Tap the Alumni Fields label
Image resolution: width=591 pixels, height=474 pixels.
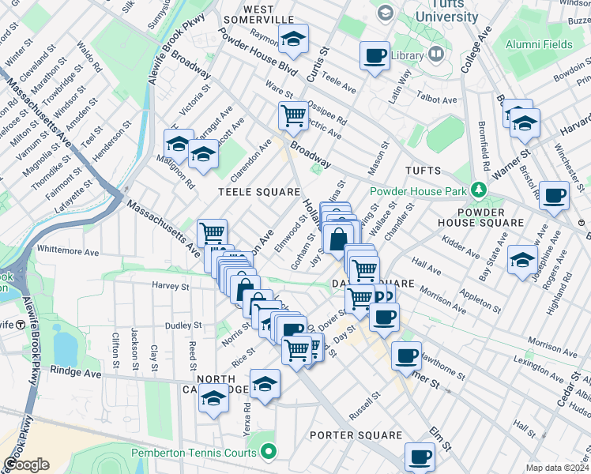[x=540, y=44]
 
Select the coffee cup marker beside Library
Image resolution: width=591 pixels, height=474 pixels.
[x=375, y=56]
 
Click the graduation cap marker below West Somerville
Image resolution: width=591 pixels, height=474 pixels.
[x=293, y=39]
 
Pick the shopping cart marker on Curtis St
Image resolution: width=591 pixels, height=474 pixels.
[x=293, y=115]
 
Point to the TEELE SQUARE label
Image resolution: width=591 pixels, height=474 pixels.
[x=260, y=192]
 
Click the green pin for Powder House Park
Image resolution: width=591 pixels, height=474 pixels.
[x=477, y=190]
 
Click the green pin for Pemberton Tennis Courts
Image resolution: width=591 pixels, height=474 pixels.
[x=269, y=453]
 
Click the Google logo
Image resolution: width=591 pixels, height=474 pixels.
[x=26, y=465]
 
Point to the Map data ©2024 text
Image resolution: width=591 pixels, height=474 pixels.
[x=557, y=468]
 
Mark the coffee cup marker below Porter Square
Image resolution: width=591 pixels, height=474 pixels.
[x=420, y=456]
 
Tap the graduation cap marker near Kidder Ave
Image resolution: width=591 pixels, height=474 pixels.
[x=522, y=258]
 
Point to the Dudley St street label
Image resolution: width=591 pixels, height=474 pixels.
[x=184, y=325]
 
